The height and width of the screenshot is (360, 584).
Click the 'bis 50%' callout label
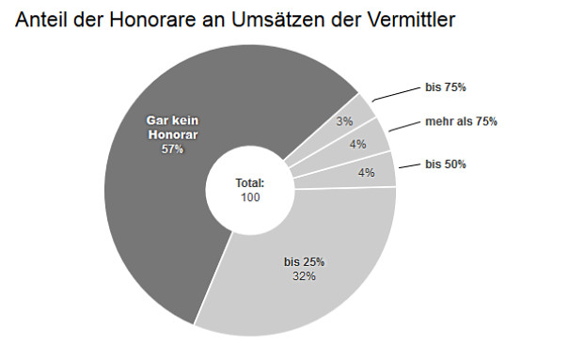click(x=446, y=164)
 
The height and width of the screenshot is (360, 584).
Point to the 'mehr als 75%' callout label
click(x=461, y=121)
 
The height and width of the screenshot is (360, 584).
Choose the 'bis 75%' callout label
click(x=446, y=87)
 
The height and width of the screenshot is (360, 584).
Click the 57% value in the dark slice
click(x=172, y=149)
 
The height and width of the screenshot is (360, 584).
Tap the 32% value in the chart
click(x=304, y=275)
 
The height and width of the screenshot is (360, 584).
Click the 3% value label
click(x=344, y=121)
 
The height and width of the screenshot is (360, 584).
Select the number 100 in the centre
click(x=249, y=197)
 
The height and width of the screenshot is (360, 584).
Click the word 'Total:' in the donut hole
click(x=249, y=183)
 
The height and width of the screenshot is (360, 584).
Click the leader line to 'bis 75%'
click(x=395, y=93)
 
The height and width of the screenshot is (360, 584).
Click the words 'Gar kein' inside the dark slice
click(x=172, y=120)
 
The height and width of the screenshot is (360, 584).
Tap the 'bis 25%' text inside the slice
click(x=304, y=261)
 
